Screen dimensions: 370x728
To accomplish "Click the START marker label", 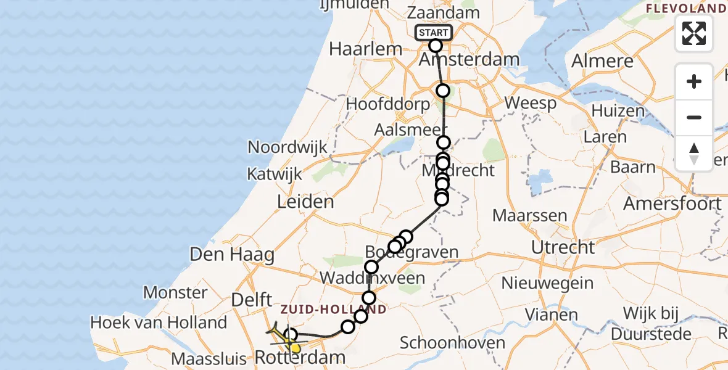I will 435,33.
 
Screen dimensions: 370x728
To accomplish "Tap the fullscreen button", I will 694,33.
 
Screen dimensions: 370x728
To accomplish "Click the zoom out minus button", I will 694,117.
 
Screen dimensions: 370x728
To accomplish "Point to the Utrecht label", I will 566,247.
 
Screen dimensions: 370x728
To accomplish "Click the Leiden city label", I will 305,201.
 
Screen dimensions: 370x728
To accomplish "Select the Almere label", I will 602,61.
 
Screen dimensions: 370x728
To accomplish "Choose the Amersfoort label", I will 672,203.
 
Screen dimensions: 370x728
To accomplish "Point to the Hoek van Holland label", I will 159,322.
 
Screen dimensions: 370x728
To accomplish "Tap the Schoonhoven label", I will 453,343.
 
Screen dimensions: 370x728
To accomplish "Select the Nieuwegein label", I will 547,284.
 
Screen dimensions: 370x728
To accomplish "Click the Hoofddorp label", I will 387,104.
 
